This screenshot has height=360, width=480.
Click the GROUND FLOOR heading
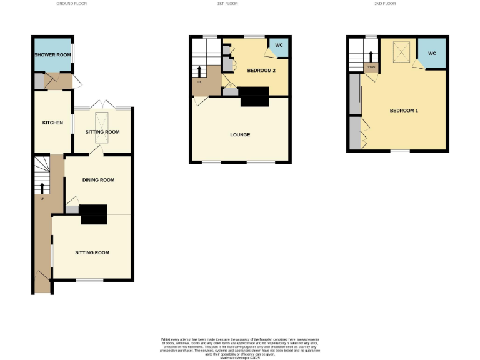(x=72, y=4)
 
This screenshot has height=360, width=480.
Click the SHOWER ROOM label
(x=52, y=55)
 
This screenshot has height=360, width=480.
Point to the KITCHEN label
(x=52, y=122)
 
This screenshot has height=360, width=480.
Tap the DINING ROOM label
(x=98, y=180)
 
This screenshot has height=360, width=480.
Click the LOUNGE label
(x=240, y=135)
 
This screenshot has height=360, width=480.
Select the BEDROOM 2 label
(x=261, y=71)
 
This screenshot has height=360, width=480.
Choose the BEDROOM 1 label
(x=404, y=111)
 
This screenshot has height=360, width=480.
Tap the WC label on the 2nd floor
(x=432, y=54)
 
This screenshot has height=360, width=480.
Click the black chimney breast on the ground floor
(x=94, y=214)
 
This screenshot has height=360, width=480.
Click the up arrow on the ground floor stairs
(x=42, y=187)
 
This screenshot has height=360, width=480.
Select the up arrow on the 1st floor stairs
(x=199, y=70)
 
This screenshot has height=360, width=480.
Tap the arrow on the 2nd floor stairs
(x=370, y=56)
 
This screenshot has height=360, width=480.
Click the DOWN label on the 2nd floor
(x=371, y=67)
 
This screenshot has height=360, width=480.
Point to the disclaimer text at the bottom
(x=240, y=346)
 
